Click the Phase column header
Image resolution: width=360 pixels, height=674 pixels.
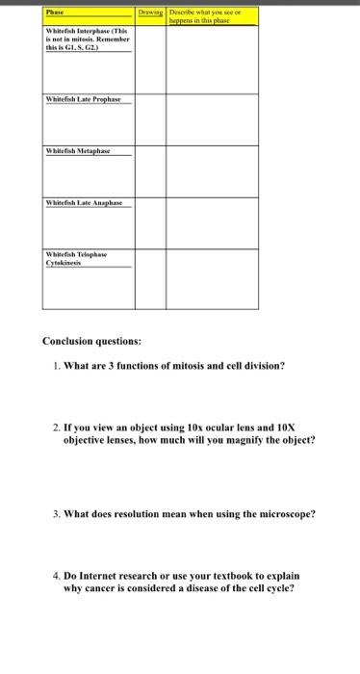pos(54,13)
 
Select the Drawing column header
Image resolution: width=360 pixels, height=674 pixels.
pos(150,13)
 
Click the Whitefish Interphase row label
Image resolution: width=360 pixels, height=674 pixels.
pos(87,39)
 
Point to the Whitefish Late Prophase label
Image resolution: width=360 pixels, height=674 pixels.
pos(90,99)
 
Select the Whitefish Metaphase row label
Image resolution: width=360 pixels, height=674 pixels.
pos(78,151)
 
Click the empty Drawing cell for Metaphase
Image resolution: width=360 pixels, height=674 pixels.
pos(150,170)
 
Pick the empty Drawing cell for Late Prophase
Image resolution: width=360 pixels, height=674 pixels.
pos(150,117)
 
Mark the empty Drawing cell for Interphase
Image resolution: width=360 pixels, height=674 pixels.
pos(150,58)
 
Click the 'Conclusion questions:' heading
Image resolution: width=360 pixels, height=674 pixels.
pos(91,340)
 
